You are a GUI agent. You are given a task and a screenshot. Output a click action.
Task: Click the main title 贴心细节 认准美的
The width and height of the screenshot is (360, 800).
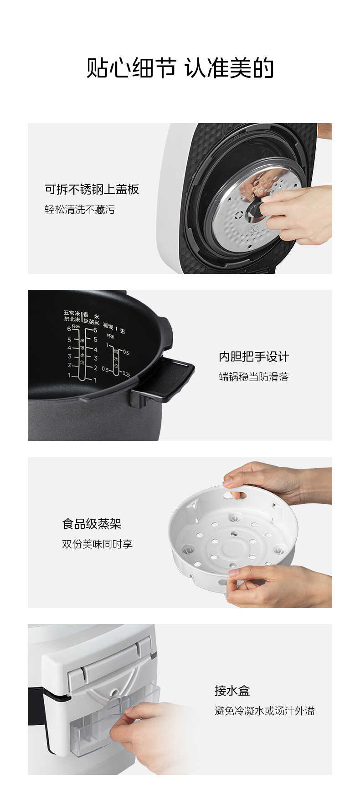tap(180, 68)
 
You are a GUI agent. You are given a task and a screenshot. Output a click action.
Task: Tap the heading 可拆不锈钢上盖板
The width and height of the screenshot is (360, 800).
tap(92, 190)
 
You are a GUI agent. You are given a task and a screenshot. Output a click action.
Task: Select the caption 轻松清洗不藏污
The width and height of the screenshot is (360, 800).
tap(80, 210)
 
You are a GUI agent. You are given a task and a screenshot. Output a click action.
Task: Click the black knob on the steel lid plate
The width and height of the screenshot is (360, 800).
tap(254, 210)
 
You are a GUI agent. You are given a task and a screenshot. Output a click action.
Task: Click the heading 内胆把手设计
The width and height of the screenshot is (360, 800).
tap(254, 356)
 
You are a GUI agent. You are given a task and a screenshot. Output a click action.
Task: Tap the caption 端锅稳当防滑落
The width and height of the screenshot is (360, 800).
tap(254, 377)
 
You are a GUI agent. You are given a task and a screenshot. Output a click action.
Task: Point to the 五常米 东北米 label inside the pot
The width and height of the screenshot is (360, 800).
tap(72, 316)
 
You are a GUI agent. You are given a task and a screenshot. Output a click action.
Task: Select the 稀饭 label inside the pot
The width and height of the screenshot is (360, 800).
tap(108, 326)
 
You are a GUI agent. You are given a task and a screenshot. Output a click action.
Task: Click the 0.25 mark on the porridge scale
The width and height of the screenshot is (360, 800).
tap(126, 374)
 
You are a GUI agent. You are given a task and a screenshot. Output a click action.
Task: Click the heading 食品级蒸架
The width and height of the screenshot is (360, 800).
tap(92, 524)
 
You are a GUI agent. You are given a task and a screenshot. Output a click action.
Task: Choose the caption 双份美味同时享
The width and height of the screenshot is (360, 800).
tap(97, 544)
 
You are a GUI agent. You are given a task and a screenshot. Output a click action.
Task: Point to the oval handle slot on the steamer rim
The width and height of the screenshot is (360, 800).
tap(237, 495)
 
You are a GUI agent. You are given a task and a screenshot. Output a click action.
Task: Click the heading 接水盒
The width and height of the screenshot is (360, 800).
tap(232, 691)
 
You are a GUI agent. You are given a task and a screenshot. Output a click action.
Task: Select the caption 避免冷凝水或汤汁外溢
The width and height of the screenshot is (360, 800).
tap(265, 711)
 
